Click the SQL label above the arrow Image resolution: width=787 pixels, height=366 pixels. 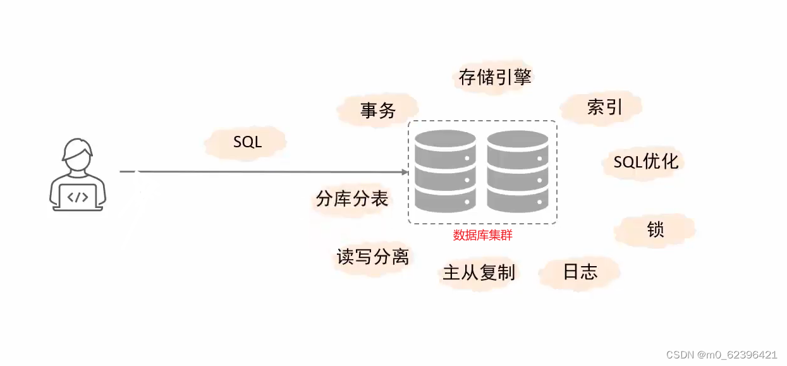coord(247,142)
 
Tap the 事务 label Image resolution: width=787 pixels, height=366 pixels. coord(378,111)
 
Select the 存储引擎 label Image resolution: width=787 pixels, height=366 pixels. coord(495,77)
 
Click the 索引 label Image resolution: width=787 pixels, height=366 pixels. coord(604,107)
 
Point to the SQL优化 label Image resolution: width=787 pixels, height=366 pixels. coord(645,161)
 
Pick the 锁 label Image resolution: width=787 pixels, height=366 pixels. coord(655,229)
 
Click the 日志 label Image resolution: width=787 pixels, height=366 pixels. coord(580,272)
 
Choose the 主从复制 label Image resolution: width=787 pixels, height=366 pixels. coord(479,273)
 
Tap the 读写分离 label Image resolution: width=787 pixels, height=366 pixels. coord(372,256)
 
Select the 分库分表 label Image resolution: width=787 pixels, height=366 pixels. coord(351,199)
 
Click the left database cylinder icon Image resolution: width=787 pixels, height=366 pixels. coord(445,171)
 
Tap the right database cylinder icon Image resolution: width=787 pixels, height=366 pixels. coord(517,171)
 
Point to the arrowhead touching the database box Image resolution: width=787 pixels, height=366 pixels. coord(404,171)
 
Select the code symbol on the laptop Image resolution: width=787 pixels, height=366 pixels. coord(78,197)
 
